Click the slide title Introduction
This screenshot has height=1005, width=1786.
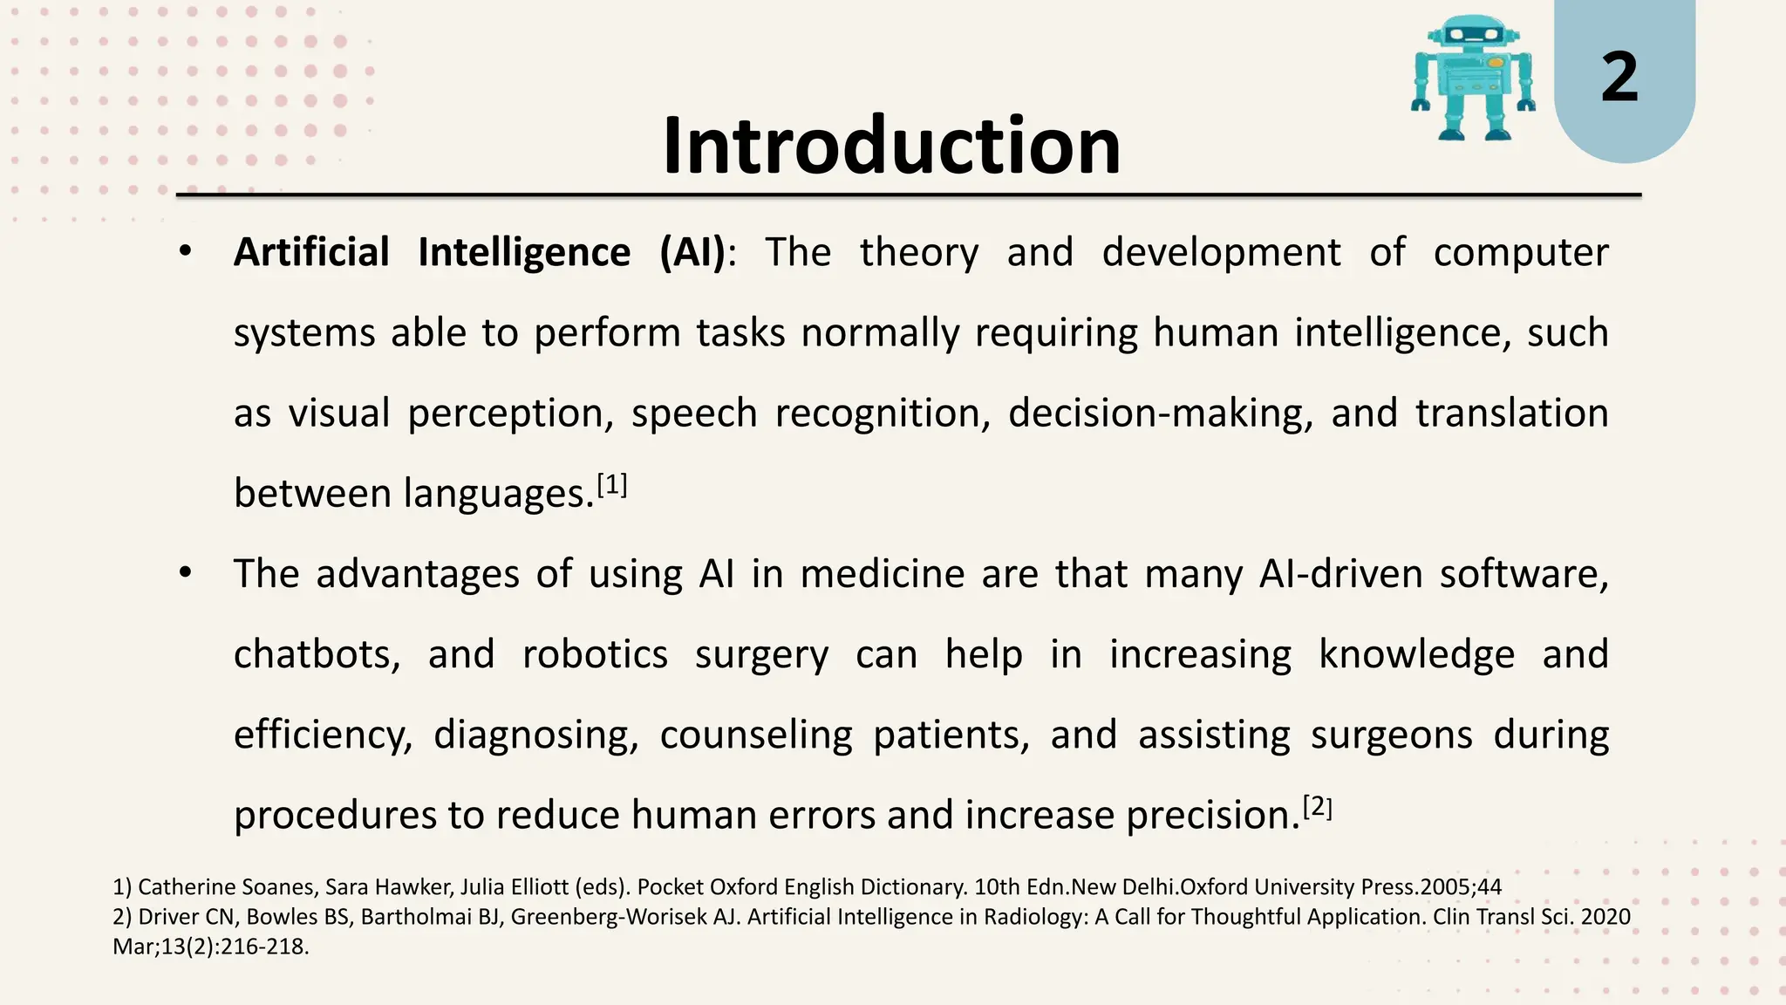click(x=891, y=146)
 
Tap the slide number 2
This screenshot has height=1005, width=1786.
click(x=1619, y=78)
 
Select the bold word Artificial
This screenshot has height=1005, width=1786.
click(x=311, y=253)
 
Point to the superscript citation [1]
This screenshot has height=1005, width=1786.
click(x=612, y=484)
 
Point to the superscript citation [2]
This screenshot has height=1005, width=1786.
click(x=1317, y=807)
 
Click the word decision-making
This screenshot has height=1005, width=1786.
click(x=1160, y=414)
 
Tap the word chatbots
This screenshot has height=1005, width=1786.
click(x=317, y=654)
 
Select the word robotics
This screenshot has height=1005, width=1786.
click(x=595, y=654)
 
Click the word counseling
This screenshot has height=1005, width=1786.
click(x=755, y=735)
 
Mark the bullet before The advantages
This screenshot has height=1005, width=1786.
click(x=184, y=574)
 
